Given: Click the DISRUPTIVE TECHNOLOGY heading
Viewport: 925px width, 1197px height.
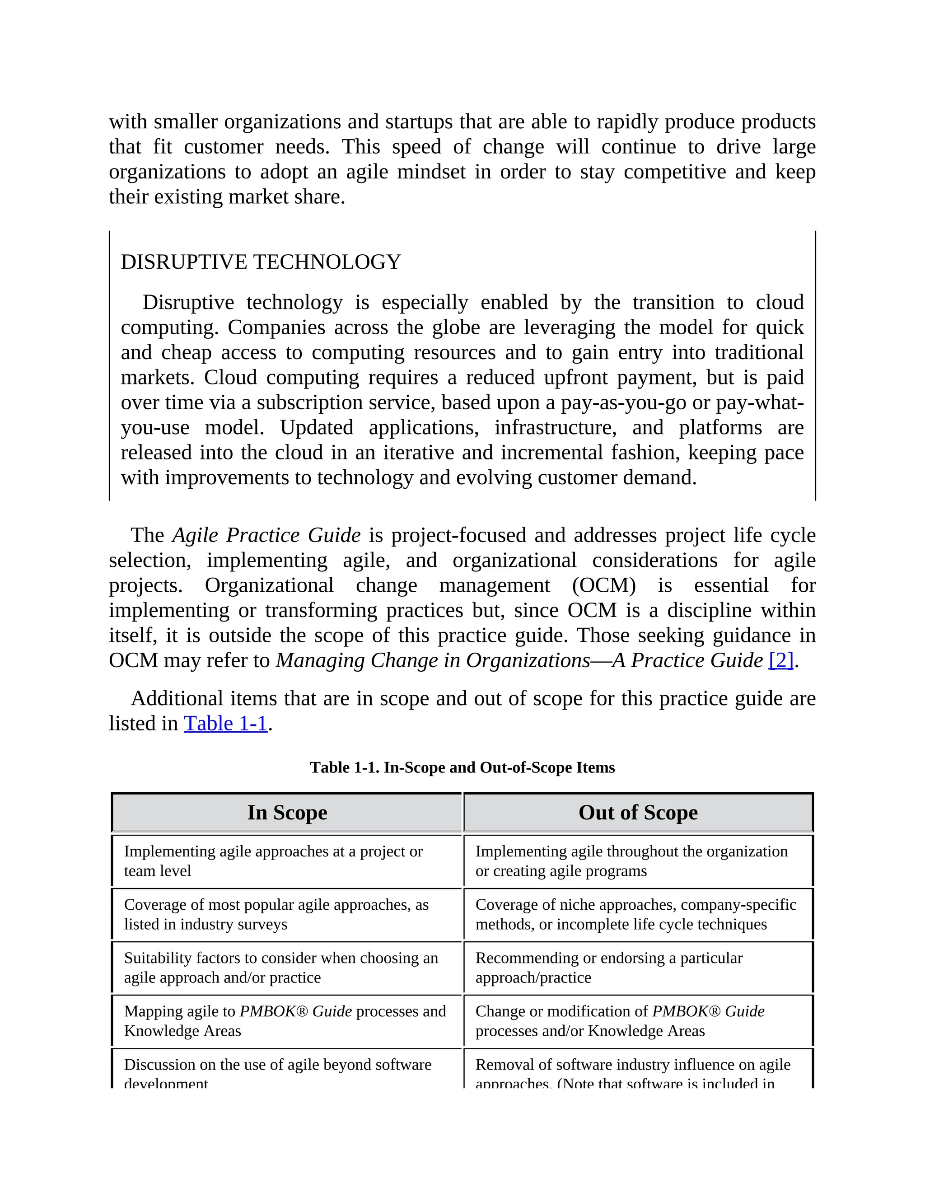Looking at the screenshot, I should (261, 262).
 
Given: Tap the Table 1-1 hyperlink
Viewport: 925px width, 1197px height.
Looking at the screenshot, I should (225, 724).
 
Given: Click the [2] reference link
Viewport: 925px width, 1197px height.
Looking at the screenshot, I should (781, 660).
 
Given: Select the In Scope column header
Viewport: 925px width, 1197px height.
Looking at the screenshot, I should (287, 812).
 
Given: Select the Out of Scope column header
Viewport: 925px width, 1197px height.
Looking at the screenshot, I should (638, 812).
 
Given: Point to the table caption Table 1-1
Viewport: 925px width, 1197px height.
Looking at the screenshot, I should (462, 767).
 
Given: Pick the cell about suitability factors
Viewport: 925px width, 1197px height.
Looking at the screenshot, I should (281, 968).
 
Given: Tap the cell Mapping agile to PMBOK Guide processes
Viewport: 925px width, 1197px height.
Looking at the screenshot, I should (285, 1020).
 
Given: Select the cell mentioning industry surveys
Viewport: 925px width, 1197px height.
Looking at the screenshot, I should (276, 914).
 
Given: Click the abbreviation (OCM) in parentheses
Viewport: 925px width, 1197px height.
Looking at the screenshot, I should (604, 585).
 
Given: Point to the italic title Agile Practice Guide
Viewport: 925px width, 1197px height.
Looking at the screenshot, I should (266, 535).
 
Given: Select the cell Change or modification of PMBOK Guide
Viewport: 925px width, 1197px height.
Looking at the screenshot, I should (620, 1020).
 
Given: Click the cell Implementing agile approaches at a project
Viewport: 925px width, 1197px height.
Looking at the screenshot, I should (273, 861).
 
